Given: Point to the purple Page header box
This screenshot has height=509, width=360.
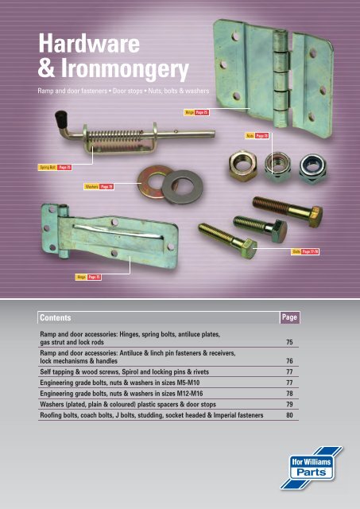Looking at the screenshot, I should [x=288, y=317].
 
